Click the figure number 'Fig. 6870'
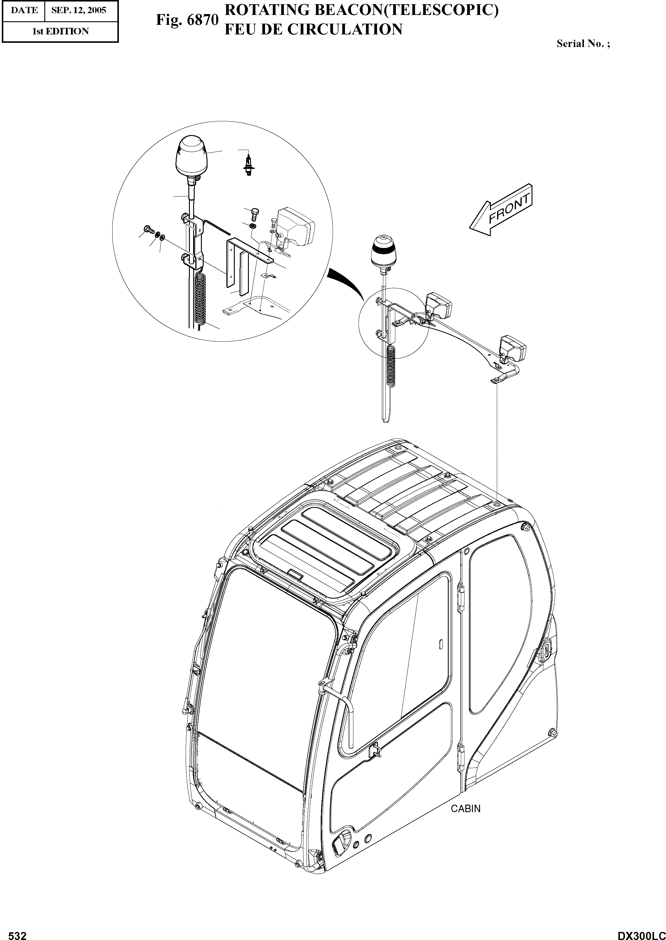[187, 20]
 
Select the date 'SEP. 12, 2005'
[78, 10]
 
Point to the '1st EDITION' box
[60, 31]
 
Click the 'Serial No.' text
[583, 43]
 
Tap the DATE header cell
[24, 10]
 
